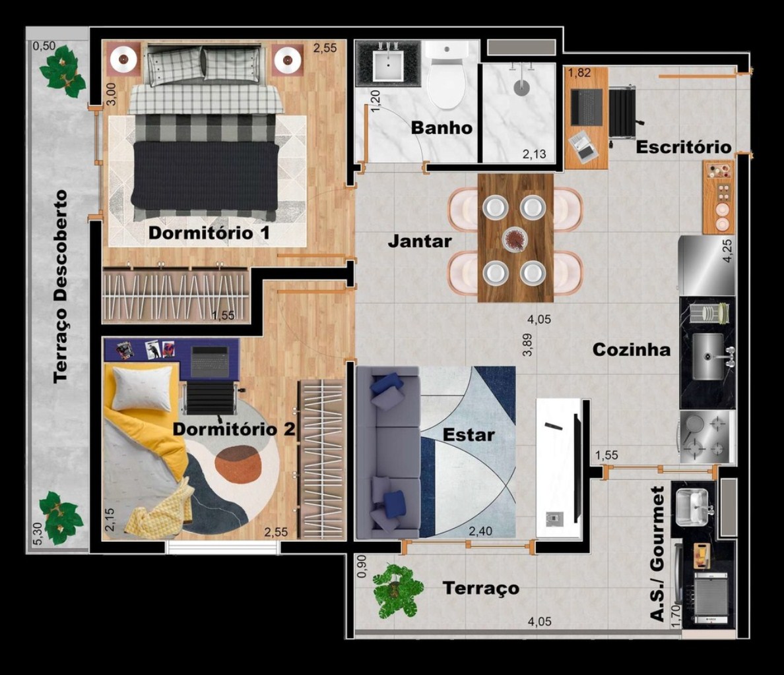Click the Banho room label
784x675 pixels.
tap(441, 128)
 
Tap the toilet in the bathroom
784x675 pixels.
tap(447, 75)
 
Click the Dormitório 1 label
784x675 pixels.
tap(209, 233)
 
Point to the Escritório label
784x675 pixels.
tap(684, 147)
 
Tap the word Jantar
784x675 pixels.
tap(420, 242)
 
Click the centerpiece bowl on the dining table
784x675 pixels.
tap(515, 239)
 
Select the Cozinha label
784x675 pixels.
tap(631, 349)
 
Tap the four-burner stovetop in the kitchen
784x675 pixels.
tap(707, 436)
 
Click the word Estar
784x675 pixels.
tap(469, 435)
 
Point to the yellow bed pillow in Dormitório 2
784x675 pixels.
tap(143, 388)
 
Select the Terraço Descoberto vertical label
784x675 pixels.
tap(61, 287)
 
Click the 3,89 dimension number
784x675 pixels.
tap(527, 345)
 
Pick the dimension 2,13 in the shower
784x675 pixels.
tap(535, 154)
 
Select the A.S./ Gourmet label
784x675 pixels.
tap(657, 554)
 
